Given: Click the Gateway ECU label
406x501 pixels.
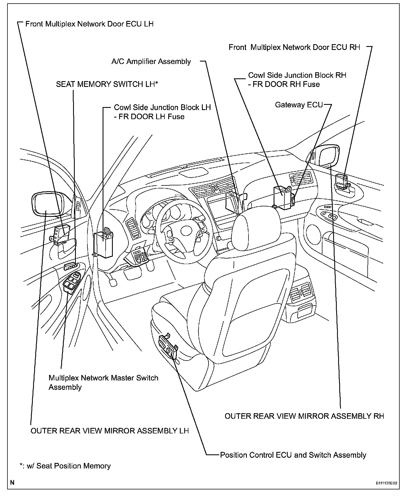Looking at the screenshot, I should [x=299, y=105].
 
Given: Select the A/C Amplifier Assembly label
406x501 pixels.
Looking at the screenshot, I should [x=151, y=61].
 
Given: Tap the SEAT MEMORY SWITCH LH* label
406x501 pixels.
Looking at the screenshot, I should [x=107, y=84].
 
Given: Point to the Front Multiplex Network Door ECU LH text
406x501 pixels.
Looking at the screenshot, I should [x=89, y=24].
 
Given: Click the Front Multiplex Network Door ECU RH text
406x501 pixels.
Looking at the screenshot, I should [x=294, y=47].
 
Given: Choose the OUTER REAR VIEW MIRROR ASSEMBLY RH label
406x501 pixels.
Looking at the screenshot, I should [x=304, y=416].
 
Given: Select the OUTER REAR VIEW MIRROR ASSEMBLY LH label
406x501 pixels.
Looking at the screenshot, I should [x=109, y=431].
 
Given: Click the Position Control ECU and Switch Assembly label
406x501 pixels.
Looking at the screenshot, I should [x=293, y=455].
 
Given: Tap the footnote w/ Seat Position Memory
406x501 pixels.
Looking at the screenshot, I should [x=65, y=466].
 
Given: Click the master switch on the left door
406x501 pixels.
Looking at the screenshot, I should [x=71, y=283].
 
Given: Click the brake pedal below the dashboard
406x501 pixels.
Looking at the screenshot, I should [x=113, y=283].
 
